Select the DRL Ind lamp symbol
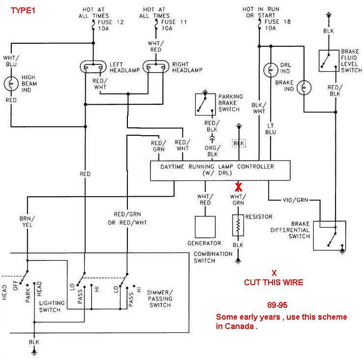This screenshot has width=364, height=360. (x=270, y=69)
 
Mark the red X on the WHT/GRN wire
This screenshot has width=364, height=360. (x=239, y=186)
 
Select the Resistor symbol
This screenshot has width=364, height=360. (x=239, y=226)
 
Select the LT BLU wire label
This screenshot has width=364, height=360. (x=271, y=129)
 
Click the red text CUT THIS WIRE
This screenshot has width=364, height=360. (x=273, y=282)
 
